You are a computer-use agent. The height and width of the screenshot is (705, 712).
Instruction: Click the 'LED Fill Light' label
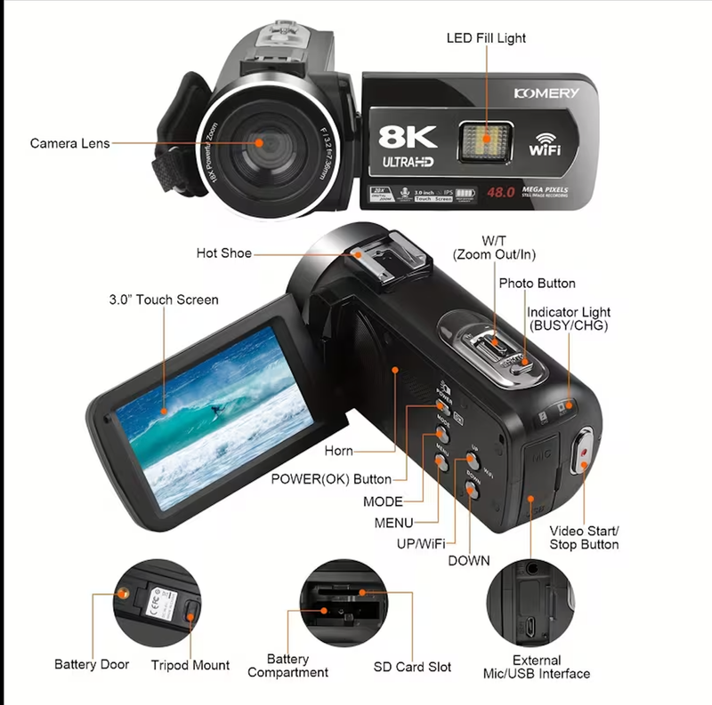485,38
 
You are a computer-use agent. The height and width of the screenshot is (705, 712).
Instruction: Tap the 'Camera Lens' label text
70,143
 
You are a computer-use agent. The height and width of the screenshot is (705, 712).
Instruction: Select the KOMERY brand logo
546,93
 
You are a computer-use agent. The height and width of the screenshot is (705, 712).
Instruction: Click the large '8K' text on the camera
408,136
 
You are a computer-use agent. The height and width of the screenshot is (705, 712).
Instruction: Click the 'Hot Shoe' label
223,253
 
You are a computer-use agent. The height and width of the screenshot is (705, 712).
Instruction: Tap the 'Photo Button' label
537,283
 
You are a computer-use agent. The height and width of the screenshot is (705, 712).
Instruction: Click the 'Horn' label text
339,452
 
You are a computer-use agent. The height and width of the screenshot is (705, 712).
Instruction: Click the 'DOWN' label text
468,560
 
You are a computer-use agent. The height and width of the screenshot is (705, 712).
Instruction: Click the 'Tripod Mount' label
190,665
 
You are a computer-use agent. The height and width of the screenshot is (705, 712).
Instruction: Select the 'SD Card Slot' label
412,666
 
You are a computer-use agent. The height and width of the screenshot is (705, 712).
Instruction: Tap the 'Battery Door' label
92,664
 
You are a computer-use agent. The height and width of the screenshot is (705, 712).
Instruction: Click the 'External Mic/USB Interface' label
537,667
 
